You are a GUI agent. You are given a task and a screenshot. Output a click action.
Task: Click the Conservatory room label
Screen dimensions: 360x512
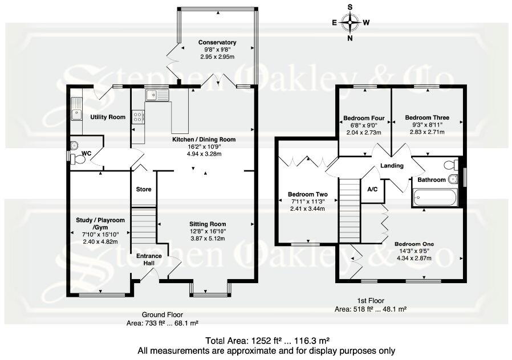pyautogui.click(x=217, y=43)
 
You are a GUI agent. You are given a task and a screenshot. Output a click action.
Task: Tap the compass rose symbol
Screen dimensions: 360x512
pyautogui.click(x=350, y=23)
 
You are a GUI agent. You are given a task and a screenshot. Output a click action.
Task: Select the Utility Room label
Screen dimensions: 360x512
pyautogui.click(x=108, y=117)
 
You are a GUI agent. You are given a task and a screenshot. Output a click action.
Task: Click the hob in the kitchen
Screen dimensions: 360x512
pyautogui.click(x=138, y=117)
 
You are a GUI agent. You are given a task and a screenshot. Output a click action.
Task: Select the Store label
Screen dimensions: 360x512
pyautogui.click(x=144, y=189)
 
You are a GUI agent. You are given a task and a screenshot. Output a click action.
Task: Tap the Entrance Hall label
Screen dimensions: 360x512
pyautogui.click(x=148, y=260)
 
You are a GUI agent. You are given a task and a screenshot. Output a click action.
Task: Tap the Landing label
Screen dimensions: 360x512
pyautogui.click(x=392, y=166)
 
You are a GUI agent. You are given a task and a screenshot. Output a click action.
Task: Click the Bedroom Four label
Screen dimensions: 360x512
pyautogui.click(x=364, y=118)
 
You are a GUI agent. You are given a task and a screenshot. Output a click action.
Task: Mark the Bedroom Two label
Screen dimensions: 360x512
pyautogui.click(x=307, y=193)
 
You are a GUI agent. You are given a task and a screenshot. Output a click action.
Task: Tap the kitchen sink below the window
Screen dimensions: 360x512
pyautogui.click(x=154, y=95)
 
